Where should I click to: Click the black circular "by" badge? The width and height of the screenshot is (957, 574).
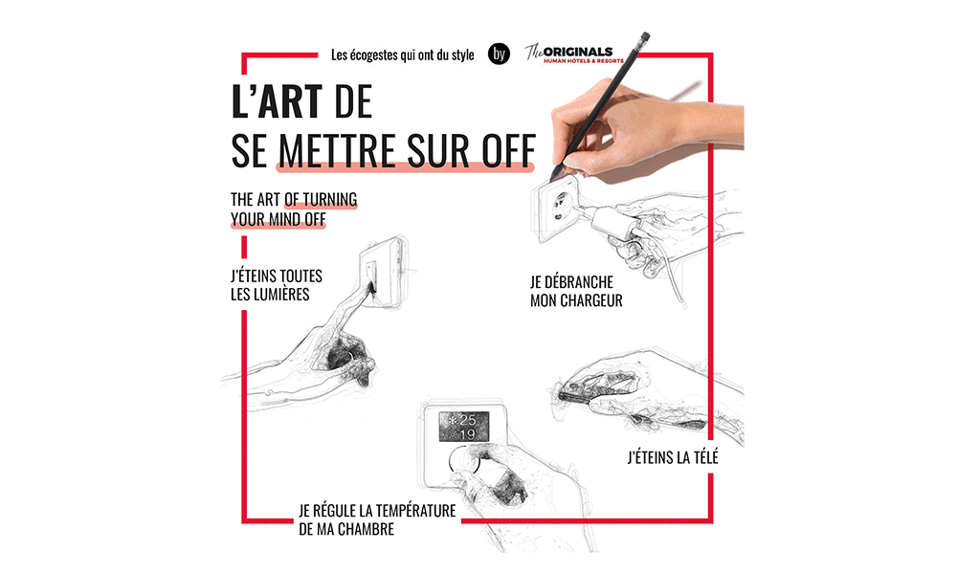click(x=499, y=54)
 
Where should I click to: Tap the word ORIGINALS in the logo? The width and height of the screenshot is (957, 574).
click(x=577, y=52)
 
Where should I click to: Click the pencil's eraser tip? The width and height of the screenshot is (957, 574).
click(x=644, y=36)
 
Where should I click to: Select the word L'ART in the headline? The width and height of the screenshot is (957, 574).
click(x=277, y=101)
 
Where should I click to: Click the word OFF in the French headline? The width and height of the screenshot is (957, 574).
click(x=509, y=150)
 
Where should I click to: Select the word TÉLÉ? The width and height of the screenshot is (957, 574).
click(x=701, y=457)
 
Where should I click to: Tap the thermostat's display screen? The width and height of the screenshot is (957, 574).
click(x=464, y=427)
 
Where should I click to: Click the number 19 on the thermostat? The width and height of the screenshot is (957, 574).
click(x=468, y=434)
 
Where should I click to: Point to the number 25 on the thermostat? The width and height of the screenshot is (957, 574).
click(x=468, y=420)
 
